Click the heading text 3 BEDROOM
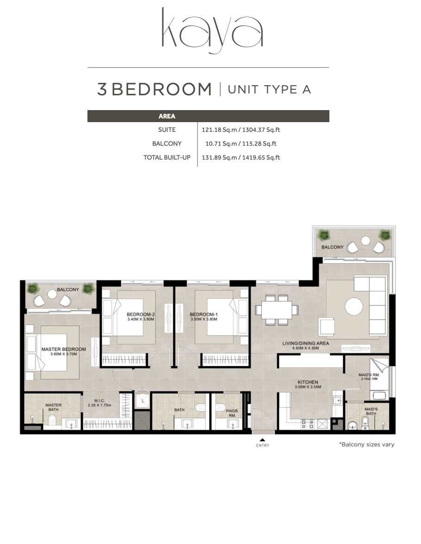pos(155,89)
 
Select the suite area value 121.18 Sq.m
pos(219,130)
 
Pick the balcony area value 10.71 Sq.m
pos(221,143)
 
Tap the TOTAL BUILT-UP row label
pos(167,157)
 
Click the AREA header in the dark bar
pos(167,116)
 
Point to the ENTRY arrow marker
pos(262,440)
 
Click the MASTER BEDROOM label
pos(64,349)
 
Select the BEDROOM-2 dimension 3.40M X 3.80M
pos(141,319)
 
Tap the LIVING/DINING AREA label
pos(306,343)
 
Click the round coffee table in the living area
pos(354,306)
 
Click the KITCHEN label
pos(308,382)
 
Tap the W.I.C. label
pos(99,401)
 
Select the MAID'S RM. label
pos(369,375)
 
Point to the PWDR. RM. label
pos(233,413)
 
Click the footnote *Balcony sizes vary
pos(367,445)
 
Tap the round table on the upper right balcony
pos(365,241)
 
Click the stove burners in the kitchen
pos(308,424)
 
